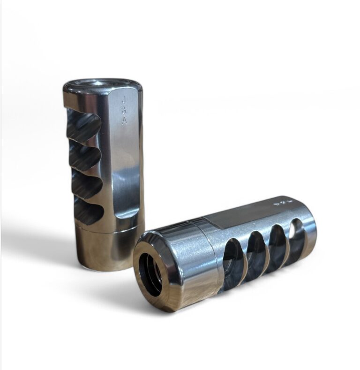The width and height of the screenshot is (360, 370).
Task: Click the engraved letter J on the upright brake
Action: click(124, 99)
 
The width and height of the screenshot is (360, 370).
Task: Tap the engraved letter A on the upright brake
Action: click(124, 121)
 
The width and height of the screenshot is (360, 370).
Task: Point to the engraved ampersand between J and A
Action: click(124, 110)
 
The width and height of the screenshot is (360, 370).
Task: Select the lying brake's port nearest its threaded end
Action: click(233, 261)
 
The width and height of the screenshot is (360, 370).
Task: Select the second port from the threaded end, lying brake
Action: click(257, 251)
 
